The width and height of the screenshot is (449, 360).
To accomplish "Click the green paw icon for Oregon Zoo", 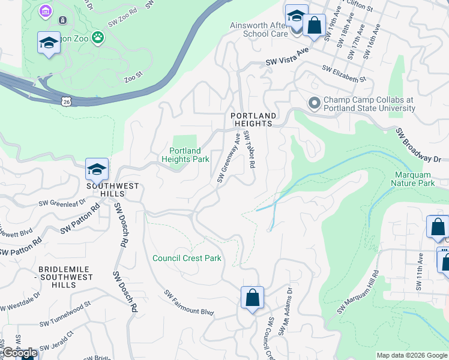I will click(97, 38).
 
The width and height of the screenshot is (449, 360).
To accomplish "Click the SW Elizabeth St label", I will click(344, 74).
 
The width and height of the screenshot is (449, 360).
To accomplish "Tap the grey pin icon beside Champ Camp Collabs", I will click(314, 104).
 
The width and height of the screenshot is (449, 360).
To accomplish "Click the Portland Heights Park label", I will click(185, 155).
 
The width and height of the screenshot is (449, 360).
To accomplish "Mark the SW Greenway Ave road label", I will click(229, 158).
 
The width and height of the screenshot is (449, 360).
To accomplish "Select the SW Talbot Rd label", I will click(249, 151).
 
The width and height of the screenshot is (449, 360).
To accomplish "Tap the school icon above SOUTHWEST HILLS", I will click(96, 170).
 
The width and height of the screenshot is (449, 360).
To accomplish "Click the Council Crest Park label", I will click(187, 259).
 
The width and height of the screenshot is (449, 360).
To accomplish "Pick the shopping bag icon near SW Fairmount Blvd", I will click(252, 297).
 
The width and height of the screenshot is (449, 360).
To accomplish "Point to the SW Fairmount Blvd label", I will click(189, 304).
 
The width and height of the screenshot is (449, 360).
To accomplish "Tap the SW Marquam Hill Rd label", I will click(358, 292).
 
